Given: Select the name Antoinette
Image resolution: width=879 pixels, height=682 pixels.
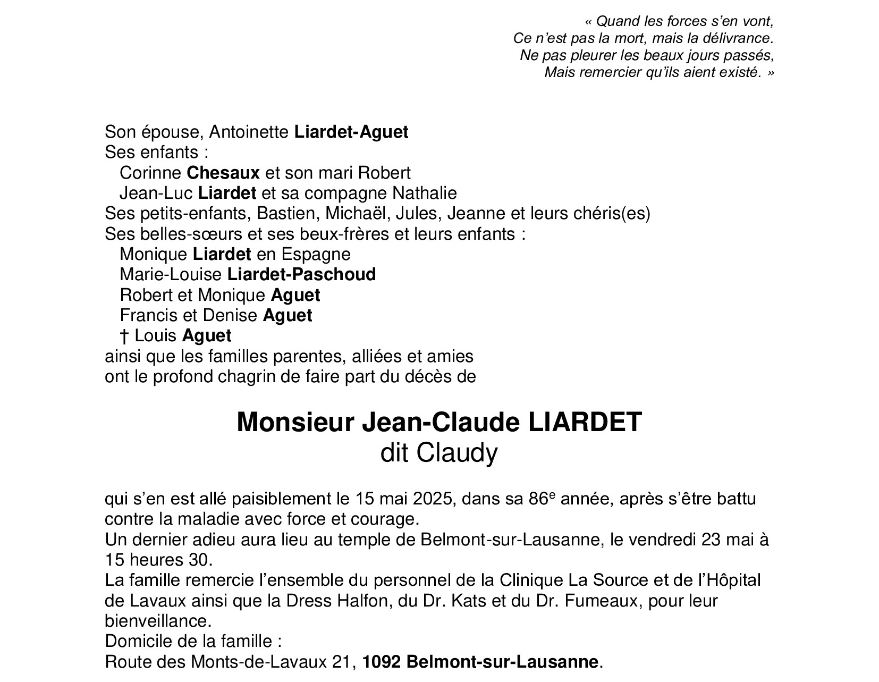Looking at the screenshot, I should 249,132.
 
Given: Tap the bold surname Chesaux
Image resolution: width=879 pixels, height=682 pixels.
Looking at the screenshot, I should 223,173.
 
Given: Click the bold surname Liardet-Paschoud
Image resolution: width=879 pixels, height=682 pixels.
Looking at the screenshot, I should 301,274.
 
